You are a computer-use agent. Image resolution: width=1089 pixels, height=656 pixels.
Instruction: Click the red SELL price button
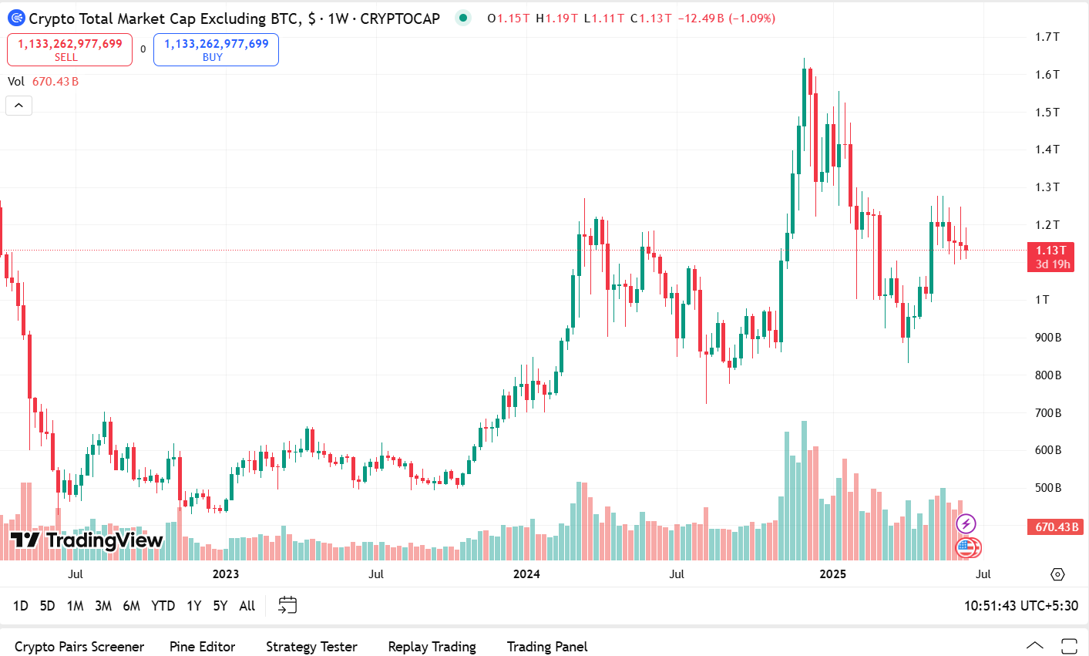pos(69,49)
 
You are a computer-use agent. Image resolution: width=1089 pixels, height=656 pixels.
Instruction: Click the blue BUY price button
pos(216,49)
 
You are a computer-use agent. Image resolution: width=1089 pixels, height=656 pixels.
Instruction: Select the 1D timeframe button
pos(21,606)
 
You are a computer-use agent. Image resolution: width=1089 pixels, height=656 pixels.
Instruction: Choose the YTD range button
pos(163,606)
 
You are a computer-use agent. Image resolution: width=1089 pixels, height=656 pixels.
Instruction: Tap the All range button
pos(247,606)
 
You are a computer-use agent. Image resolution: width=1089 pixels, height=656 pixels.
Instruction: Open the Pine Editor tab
pos(202,647)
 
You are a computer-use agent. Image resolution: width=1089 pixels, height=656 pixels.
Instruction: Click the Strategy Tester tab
pos(311,647)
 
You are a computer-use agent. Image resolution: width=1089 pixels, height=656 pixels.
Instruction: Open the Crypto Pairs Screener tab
pos(79,647)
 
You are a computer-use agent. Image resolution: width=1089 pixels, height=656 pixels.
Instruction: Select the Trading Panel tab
pos(547,647)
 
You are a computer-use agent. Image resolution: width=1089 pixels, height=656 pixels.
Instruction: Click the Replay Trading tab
pos(432,647)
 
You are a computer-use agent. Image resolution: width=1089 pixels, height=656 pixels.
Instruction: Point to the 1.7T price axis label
pos(1047,37)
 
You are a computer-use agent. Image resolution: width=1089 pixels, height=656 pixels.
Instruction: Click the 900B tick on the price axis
pos(1048,338)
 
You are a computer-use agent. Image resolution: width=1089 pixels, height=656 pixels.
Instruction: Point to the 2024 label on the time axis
pos(526,574)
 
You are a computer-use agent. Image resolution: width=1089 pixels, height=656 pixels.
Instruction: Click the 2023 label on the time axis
pos(225,574)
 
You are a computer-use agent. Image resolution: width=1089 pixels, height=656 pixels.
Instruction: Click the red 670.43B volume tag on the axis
pos(1055,527)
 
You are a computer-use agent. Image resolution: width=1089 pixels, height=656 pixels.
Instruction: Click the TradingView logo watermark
pos(86,540)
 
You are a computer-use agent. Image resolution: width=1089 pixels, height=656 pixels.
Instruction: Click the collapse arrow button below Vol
pos(18,106)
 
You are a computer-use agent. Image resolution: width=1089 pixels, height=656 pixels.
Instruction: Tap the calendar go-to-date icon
pos(287,606)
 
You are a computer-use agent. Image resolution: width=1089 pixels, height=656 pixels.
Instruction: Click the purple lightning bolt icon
pos(966,525)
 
